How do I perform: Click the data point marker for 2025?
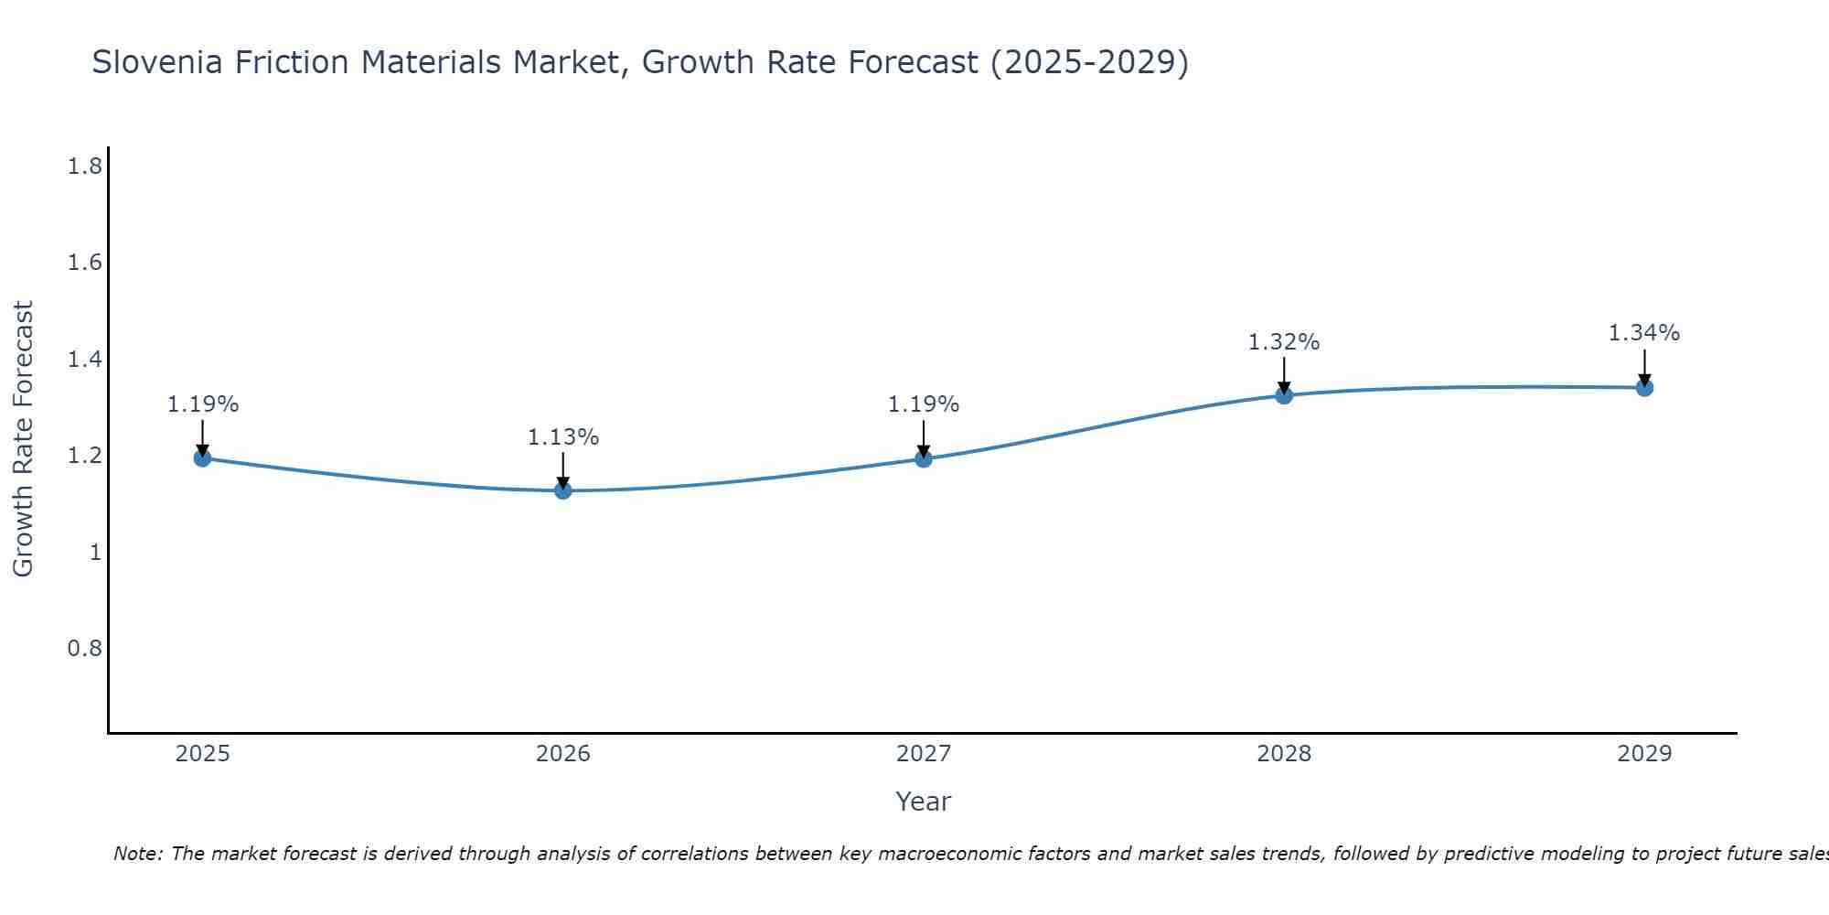pyautogui.click(x=203, y=457)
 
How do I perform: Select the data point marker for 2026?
pyautogui.click(x=563, y=490)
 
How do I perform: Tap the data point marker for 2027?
pyautogui.click(x=924, y=458)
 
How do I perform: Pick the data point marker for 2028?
pyautogui.click(x=1284, y=395)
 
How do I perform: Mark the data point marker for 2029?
pyautogui.click(x=1644, y=387)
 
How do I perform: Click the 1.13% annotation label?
pyautogui.click(x=563, y=437)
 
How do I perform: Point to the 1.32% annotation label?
pyautogui.click(x=1284, y=342)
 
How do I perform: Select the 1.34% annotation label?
pyautogui.click(x=1644, y=333)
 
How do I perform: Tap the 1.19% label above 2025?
pyautogui.click(x=203, y=404)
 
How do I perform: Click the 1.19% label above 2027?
pyautogui.click(x=924, y=404)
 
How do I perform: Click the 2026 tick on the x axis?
pyautogui.click(x=563, y=754)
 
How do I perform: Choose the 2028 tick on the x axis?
pyautogui.click(x=1284, y=754)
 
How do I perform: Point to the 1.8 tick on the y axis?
pyautogui.click(x=85, y=167)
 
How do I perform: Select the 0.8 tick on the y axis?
pyautogui.click(x=85, y=649)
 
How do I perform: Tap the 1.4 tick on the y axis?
pyautogui.click(x=85, y=360)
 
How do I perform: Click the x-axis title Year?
pyautogui.click(x=924, y=802)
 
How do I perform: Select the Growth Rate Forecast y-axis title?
pyautogui.click(x=23, y=439)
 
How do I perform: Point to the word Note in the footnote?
pyautogui.click(x=137, y=854)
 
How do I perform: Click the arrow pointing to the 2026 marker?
pyautogui.click(x=563, y=470)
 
